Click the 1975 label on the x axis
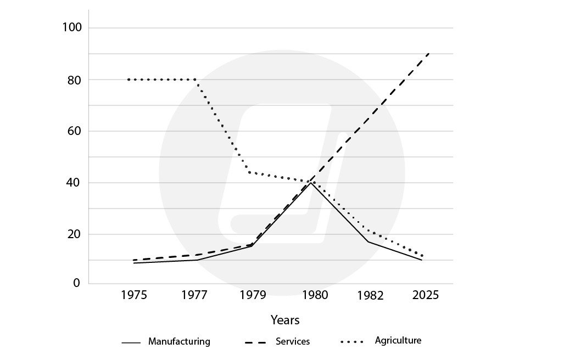(134, 296)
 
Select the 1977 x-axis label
(194, 296)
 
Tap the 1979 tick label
(253, 296)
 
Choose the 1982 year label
(371, 296)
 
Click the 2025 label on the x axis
(426, 296)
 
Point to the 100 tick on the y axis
(71, 27)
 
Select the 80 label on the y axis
(74, 80)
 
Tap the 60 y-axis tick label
(74, 131)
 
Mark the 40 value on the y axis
(74, 183)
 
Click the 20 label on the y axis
(74, 234)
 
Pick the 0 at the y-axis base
(77, 283)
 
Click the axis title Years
(285, 319)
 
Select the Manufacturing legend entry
(179, 341)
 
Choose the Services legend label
(293, 341)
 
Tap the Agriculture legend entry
(398, 340)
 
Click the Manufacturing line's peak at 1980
(311, 182)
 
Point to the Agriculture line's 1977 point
(196, 80)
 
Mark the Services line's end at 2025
(429, 53)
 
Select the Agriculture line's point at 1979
(250, 173)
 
